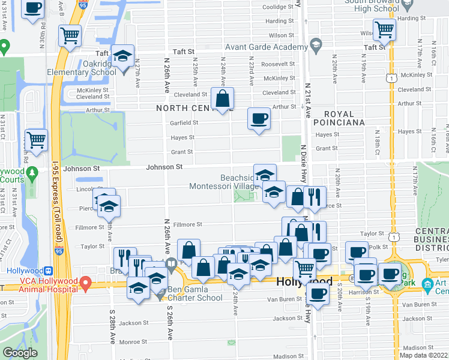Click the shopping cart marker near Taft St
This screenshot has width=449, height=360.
[x=384, y=29]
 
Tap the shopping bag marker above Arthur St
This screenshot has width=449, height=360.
[x=222, y=98]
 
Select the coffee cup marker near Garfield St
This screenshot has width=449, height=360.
[x=259, y=118]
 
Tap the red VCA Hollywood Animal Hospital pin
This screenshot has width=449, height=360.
[x=86, y=281]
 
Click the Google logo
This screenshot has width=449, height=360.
[x=20, y=353]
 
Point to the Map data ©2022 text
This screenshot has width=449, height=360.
[x=424, y=355]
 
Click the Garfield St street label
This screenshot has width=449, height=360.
[x=184, y=122]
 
